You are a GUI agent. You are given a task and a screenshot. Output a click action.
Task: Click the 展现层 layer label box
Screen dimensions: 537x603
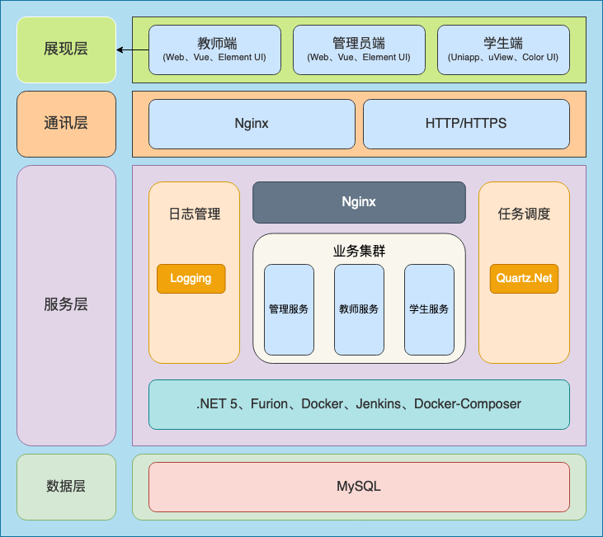click(x=66, y=49)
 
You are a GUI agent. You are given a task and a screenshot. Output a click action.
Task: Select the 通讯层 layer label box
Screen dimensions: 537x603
click(x=66, y=124)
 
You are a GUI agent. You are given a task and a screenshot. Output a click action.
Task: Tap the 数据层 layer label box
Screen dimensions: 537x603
click(x=66, y=487)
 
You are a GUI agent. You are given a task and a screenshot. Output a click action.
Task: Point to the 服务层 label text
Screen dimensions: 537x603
click(x=66, y=304)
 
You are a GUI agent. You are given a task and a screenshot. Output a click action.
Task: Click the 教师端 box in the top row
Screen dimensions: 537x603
click(x=214, y=49)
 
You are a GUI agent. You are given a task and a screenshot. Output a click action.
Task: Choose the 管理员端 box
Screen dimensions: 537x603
click(x=359, y=49)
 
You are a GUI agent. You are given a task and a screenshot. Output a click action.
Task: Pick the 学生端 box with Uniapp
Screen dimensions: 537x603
click(x=503, y=49)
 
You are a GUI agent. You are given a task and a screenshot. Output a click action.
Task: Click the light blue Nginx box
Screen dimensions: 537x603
click(x=252, y=124)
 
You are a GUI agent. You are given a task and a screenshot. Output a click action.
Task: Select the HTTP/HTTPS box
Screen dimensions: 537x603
click(x=466, y=124)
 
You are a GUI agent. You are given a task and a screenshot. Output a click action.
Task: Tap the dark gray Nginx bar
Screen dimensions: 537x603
click(x=359, y=202)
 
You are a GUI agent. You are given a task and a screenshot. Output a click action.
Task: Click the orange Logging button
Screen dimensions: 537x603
click(x=191, y=279)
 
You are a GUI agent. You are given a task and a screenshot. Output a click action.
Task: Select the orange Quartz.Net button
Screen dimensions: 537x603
click(x=524, y=279)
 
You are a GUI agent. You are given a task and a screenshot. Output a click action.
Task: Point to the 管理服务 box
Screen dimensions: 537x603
click(x=289, y=309)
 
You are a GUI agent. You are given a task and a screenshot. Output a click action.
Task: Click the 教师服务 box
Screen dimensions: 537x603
click(x=359, y=309)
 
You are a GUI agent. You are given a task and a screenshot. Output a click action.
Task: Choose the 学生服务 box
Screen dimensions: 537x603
click(x=429, y=309)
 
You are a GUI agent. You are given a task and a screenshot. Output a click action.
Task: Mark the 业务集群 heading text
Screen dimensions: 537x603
click(x=359, y=252)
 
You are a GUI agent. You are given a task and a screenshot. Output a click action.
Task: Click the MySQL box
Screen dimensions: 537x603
click(x=359, y=487)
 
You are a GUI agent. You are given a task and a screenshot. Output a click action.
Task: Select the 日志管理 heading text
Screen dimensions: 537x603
click(x=195, y=214)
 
